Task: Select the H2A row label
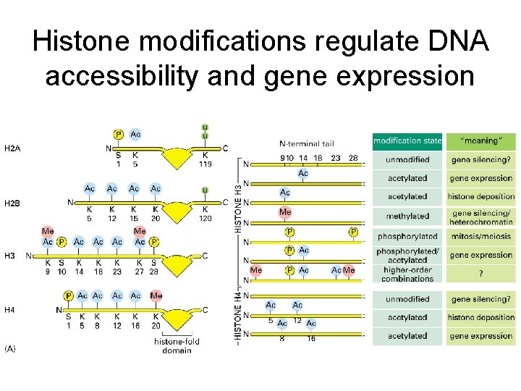pyautogui.click(x=13, y=149)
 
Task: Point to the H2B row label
pyautogui.click(x=13, y=203)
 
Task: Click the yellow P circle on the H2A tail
pyautogui.click(x=119, y=135)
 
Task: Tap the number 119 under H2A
pyautogui.click(x=206, y=164)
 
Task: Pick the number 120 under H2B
pyautogui.click(x=206, y=218)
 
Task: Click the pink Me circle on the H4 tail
pyautogui.click(x=156, y=295)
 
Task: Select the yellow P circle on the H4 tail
pyautogui.click(x=68, y=295)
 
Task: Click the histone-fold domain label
pyautogui.click(x=177, y=346)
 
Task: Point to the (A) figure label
pyautogui.click(x=11, y=349)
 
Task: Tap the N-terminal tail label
pyautogui.click(x=307, y=143)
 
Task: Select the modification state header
pyautogui.click(x=407, y=140)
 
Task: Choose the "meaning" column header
pyautogui.click(x=480, y=140)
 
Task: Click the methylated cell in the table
pyautogui.click(x=407, y=216)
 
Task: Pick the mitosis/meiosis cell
pyautogui.click(x=480, y=236)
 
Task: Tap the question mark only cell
pyautogui.click(x=480, y=273)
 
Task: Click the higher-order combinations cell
pyautogui.click(x=407, y=274)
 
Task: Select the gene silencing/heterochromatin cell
pyautogui.click(x=480, y=216)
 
